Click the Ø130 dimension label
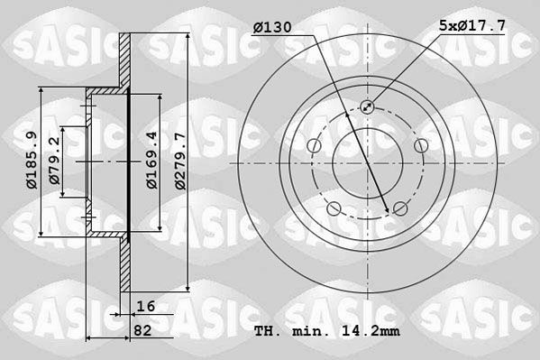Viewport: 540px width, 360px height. click(273, 28)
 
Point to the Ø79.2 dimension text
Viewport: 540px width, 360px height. click(56, 161)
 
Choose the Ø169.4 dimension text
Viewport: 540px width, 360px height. click(153, 161)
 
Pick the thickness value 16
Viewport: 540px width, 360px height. click(147, 307)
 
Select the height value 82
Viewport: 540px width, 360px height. click(142, 330)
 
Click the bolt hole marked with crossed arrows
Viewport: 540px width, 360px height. click(368, 107)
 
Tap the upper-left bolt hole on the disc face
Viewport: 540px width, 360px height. click(313, 147)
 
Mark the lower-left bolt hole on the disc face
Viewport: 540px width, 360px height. click(334, 210)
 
